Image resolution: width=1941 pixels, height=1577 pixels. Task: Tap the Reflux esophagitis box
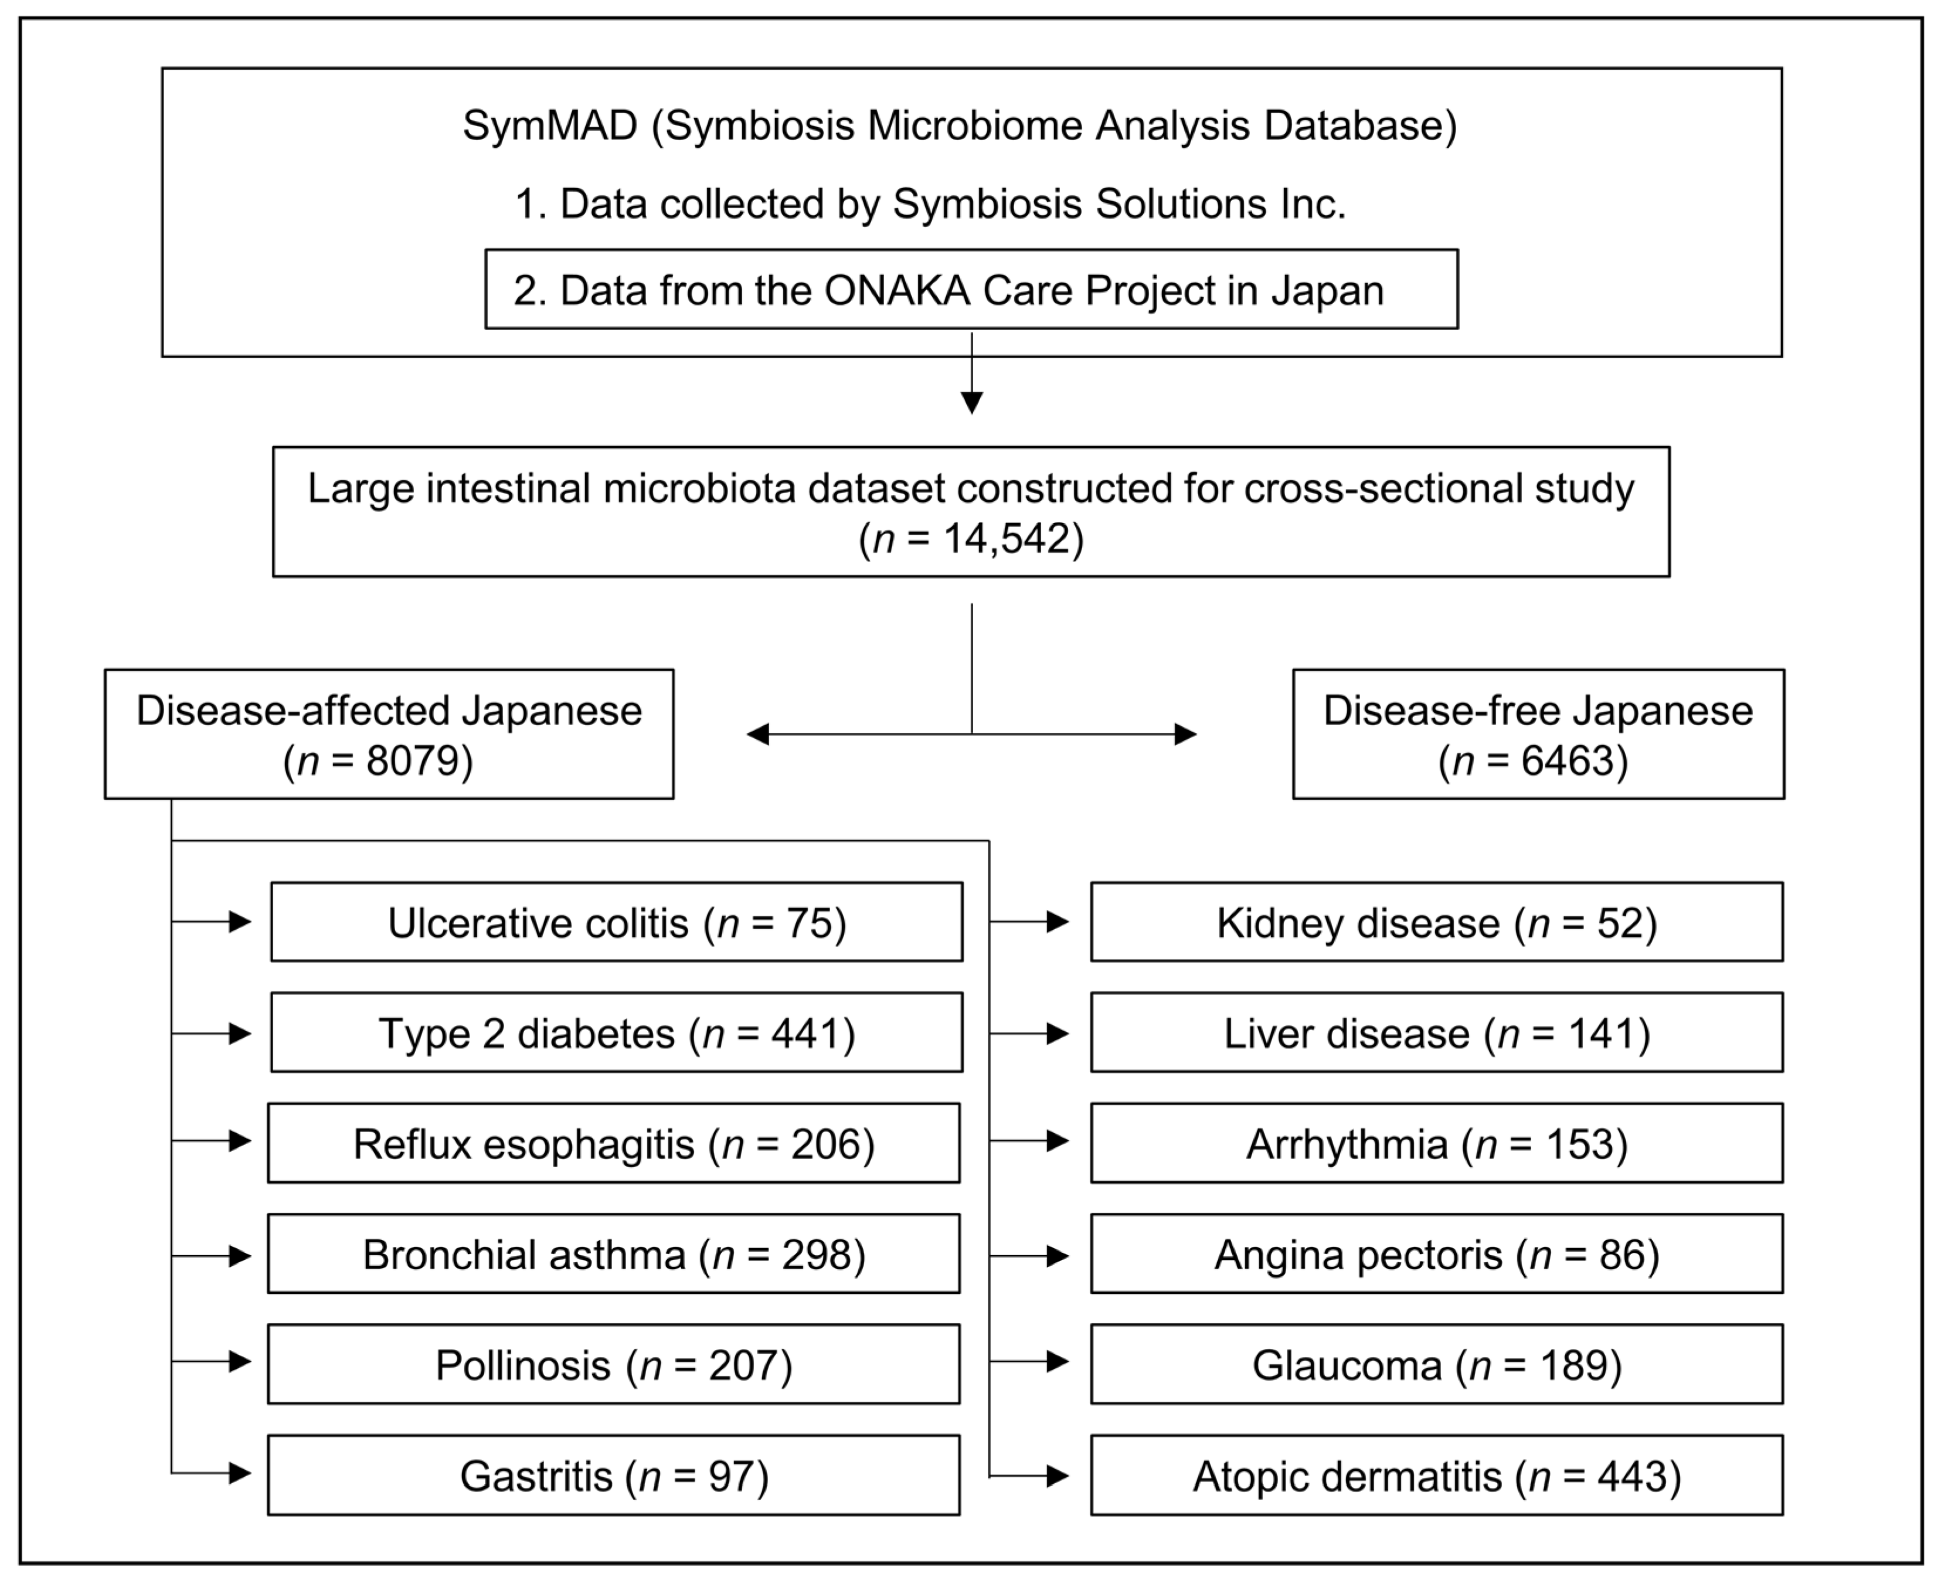613,1143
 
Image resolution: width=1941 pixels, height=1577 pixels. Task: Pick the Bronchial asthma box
613,1253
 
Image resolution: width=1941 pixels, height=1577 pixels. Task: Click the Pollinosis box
613,1364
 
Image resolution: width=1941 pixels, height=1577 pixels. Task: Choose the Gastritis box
613,1475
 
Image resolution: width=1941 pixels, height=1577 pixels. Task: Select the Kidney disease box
1436,922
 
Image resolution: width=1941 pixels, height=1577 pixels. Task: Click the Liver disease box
1436,1033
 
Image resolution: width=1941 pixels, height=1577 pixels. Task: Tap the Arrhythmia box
1436,1143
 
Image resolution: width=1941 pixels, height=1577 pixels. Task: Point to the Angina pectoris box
1436,1253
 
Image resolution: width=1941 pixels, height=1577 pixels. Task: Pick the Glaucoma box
1436,1364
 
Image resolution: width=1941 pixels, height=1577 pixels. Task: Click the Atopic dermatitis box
1436,1475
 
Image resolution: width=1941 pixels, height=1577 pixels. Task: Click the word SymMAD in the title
549,125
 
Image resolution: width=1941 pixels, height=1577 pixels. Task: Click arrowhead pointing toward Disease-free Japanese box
1185,734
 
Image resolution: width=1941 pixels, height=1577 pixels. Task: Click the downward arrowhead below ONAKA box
972,402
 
